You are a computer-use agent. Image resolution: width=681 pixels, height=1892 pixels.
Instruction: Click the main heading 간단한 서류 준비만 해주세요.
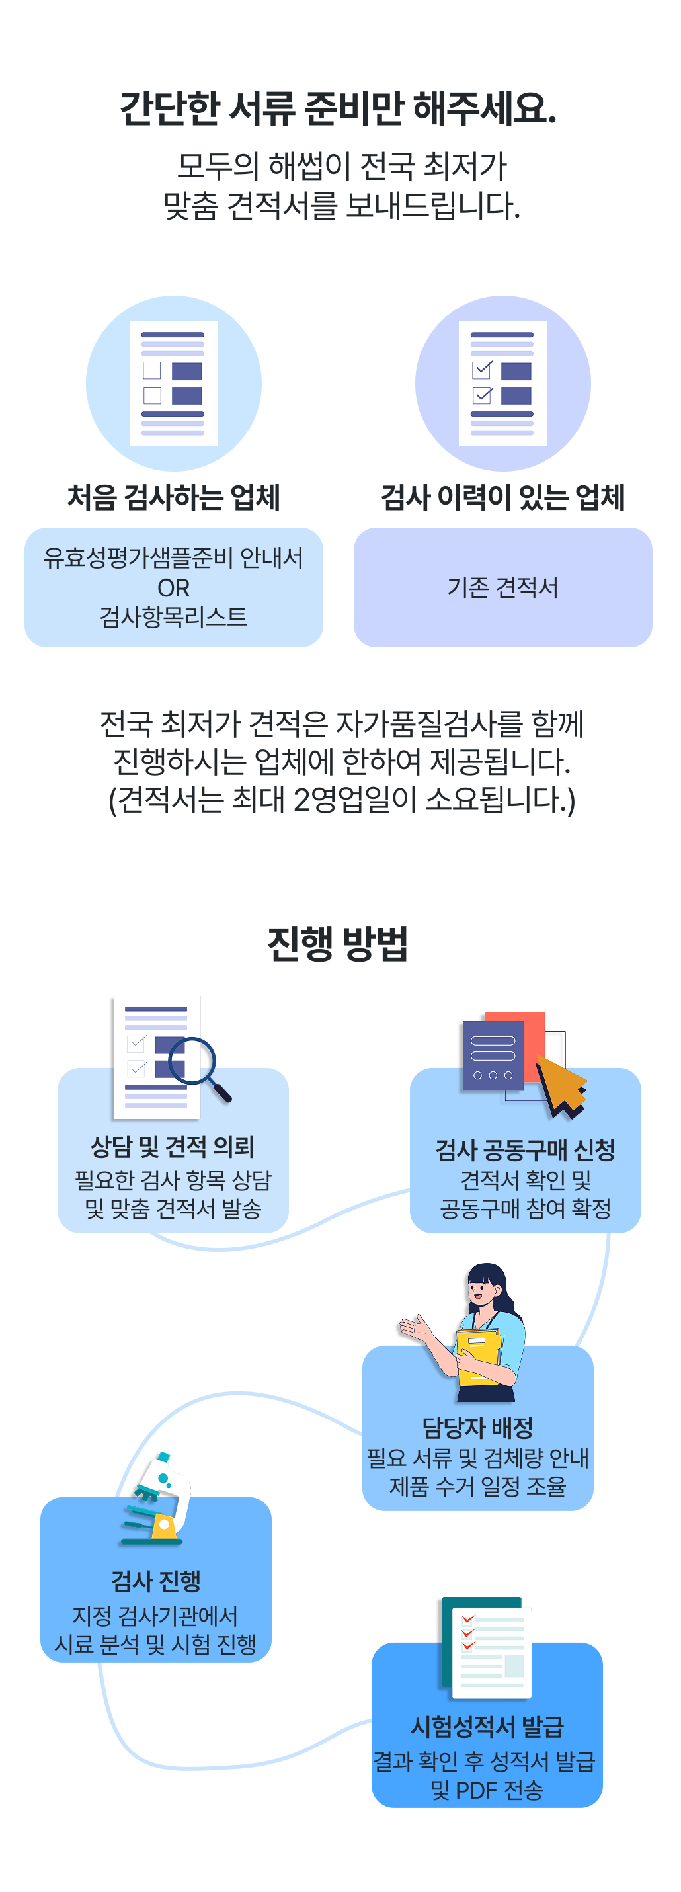point(339,108)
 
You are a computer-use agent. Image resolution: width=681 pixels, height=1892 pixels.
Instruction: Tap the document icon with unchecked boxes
point(173,384)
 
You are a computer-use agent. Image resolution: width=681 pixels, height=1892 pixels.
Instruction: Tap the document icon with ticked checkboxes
point(502,384)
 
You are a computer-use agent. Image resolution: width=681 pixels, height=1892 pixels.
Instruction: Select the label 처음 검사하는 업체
point(173,497)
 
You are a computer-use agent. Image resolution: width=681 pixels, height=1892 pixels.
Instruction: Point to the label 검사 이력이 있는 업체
point(502,497)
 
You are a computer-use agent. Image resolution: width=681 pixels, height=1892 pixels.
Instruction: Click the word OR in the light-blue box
point(173,588)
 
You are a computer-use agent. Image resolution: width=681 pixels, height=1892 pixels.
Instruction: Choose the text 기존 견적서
point(502,588)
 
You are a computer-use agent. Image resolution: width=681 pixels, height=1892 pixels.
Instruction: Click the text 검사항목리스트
point(173,617)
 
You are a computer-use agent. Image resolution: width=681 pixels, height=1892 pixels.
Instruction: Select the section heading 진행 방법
point(338,944)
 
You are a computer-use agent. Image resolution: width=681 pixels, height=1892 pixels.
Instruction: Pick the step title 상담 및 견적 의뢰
point(173,1147)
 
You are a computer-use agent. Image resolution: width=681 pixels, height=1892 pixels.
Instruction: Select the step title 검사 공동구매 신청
point(525,1149)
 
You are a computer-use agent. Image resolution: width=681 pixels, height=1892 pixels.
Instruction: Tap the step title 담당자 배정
point(477,1427)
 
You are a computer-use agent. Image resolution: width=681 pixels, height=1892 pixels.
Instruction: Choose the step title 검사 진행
point(156,1580)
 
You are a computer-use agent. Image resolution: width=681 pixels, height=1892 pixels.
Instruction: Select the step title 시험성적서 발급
point(487,1726)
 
